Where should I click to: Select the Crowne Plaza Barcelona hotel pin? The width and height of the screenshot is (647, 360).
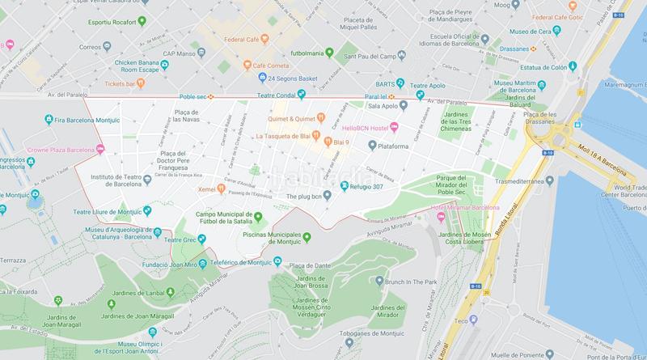[x=100, y=148]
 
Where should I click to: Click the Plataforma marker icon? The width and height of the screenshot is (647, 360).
[x=371, y=146]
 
